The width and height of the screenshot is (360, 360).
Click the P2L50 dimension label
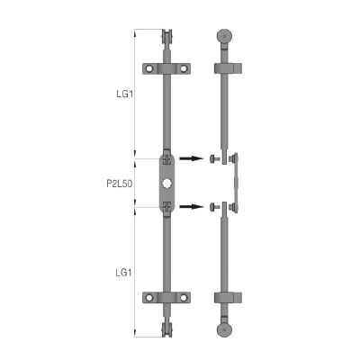(120, 184)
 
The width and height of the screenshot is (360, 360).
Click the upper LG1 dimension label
(124, 94)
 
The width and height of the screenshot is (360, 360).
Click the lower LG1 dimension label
(123, 273)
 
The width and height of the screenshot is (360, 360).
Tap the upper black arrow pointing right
(192, 158)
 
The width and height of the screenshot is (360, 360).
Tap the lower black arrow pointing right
(192, 206)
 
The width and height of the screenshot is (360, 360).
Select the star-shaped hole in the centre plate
(166, 183)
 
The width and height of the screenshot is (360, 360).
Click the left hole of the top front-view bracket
(149, 68)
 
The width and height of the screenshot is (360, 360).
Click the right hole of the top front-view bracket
(184, 68)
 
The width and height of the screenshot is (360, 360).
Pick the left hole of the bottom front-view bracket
(149, 298)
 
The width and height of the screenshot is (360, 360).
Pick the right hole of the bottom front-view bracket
(184, 298)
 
